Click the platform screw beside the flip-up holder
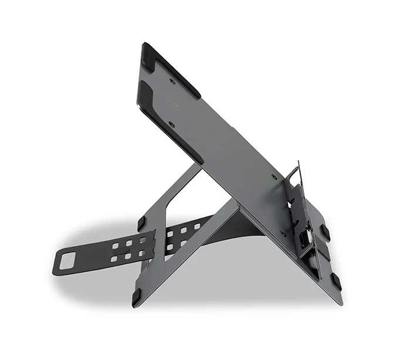[x=274, y=176]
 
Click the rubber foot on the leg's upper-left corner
[x=141, y=223]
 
